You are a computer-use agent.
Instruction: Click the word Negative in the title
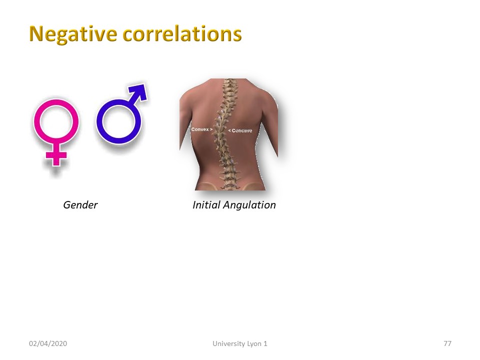click(x=73, y=34)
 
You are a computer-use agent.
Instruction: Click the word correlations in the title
click(x=182, y=33)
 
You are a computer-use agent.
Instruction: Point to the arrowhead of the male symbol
click(x=139, y=90)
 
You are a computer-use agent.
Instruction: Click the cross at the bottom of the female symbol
click(x=56, y=155)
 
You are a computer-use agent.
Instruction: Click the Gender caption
click(x=80, y=205)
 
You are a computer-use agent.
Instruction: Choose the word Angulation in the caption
click(x=249, y=205)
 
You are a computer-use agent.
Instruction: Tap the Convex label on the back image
click(x=201, y=129)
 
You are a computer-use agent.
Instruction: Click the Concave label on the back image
click(x=240, y=130)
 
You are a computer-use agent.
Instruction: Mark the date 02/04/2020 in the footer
click(x=48, y=343)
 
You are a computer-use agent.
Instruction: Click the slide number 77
click(x=447, y=343)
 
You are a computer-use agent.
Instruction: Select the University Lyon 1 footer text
click(x=239, y=344)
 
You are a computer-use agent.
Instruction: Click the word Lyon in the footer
click(x=254, y=344)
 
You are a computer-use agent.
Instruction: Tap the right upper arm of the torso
click(x=271, y=125)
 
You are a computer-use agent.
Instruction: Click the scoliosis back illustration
click(x=228, y=134)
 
